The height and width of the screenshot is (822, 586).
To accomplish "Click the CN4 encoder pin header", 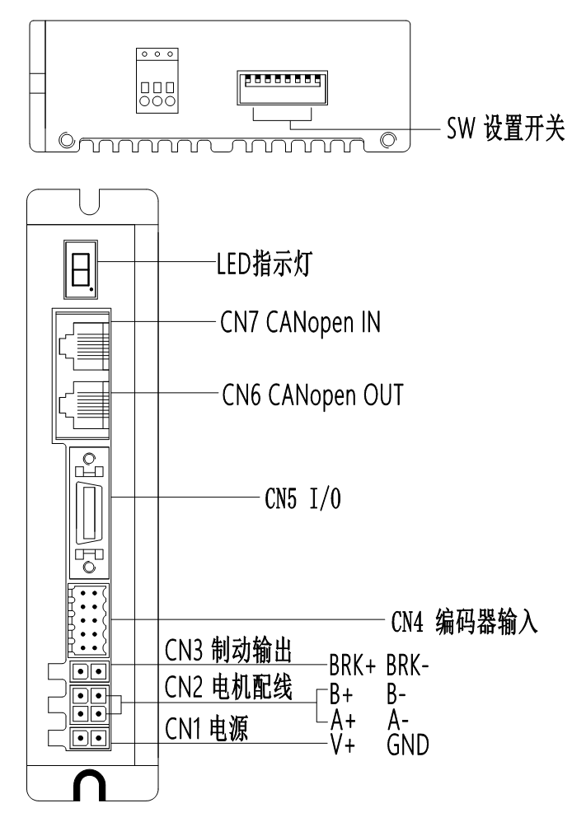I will click(88, 620).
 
